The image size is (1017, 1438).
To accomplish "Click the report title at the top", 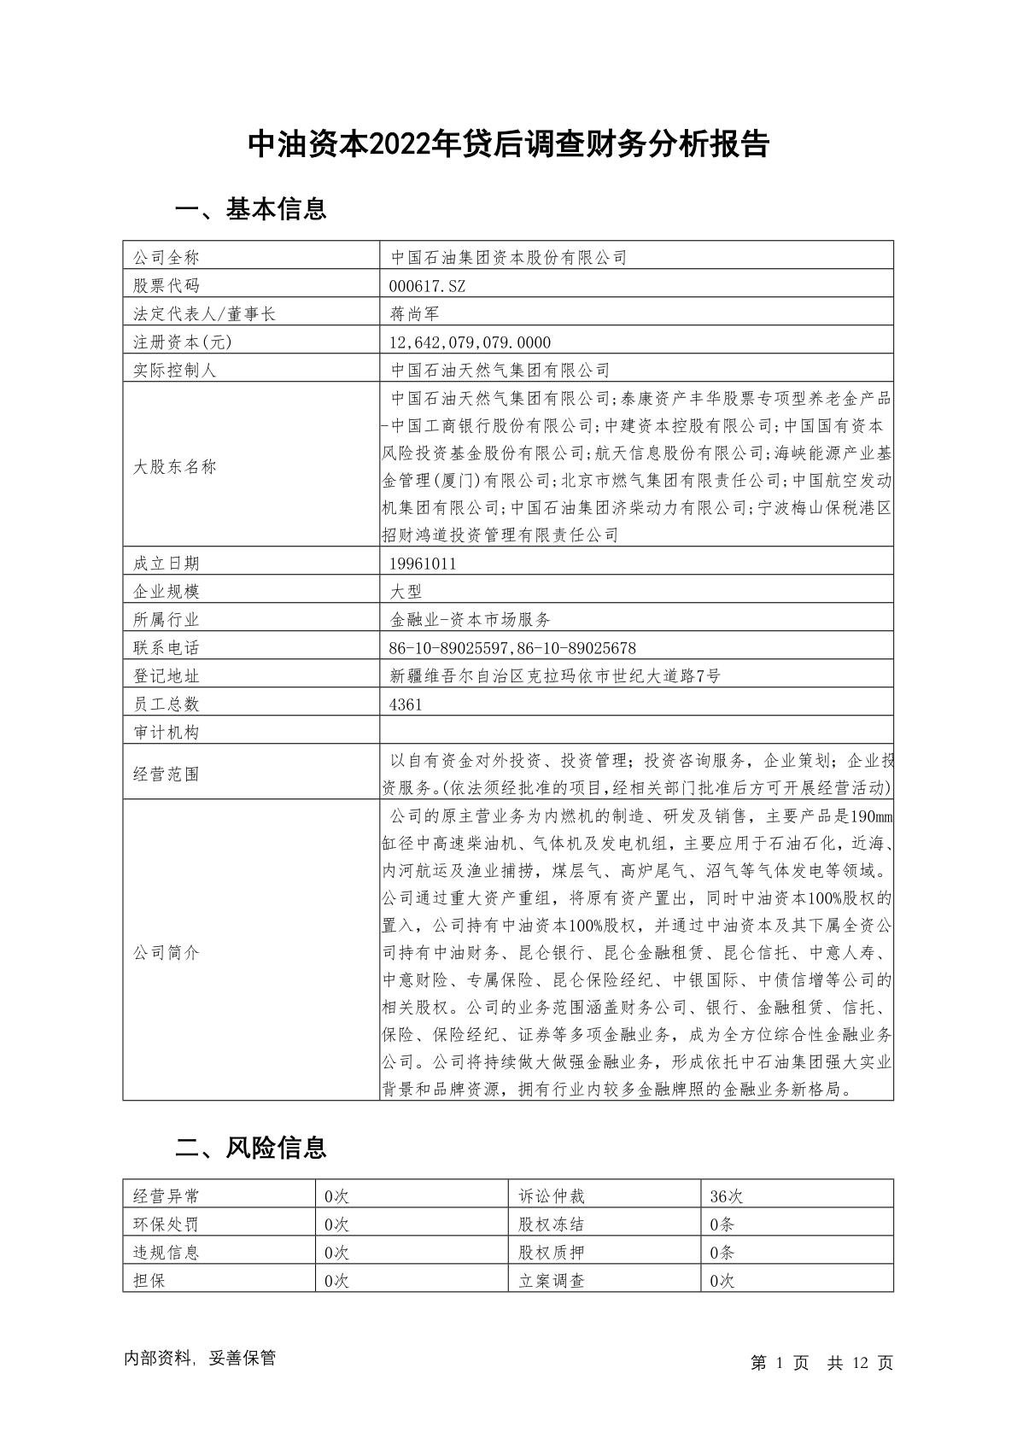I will pyautogui.click(x=508, y=144).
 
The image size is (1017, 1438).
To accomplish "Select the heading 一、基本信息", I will pyautogui.click(x=250, y=209).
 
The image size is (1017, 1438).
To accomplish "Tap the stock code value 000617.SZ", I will pyautogui.click(x=427, y=285).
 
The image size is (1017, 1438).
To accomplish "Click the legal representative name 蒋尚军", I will pyautogui.click(x=414, y=313).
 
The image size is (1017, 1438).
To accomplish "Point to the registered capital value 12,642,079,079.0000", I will pyautogui.click(x=470, y=342).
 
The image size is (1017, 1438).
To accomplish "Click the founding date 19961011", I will pyautogui.click(x=423, y=564).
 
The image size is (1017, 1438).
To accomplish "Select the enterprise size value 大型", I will pyautogui.click(x=406, y=592).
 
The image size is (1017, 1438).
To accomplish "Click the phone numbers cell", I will pyautogui.click(x=512, y=648).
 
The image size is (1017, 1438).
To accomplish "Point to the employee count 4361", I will pyautogui.click(x=406, y=704).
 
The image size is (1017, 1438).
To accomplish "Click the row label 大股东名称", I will pyautogui.click(x=174, y=467).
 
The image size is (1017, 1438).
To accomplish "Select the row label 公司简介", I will pyautogui.click(x=166, y=952).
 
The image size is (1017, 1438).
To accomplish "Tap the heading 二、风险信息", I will pyautogui.click(x=250, y=1148).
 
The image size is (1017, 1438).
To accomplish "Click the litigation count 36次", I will pyautogui.click(x=727, y=1196).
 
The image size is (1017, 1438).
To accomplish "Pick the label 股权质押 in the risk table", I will pyautogui.click(x=551, y=1253).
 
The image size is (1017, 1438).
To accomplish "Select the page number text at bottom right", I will pyautogui.click(x=821, y=1363).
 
